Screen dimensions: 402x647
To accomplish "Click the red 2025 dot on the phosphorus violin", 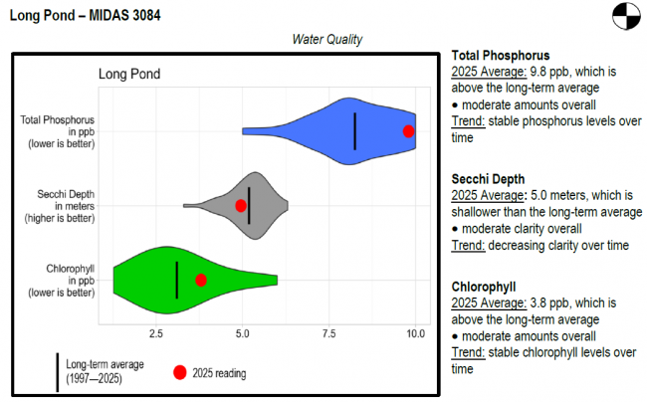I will click(x=408, y=131).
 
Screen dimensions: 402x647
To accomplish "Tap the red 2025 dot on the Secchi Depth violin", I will click(x=241, y=205).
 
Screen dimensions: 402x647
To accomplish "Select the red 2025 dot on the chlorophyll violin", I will click(x=201, y=281).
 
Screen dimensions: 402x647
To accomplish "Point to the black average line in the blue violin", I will click(x=355, y=131).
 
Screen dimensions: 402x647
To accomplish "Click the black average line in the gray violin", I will click(x=250, y=205).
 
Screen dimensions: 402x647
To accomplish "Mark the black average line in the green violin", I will click(x=176, y=280).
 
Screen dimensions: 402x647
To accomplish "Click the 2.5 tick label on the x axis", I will click(x=156, y=332).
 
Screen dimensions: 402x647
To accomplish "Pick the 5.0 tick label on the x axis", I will click(x=243, y=332).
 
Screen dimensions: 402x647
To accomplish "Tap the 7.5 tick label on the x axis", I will click(x=329, y=332).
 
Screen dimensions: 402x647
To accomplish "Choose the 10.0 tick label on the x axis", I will click(x=415, y=332).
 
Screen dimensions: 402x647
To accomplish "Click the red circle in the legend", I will click(x=180, y=373).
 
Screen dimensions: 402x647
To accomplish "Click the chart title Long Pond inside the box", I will click(x=129, y=74).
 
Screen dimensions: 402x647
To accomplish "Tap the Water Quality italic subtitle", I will click(x=327, y=40).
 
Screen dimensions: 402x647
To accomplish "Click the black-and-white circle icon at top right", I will click(x=622, y=17).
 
